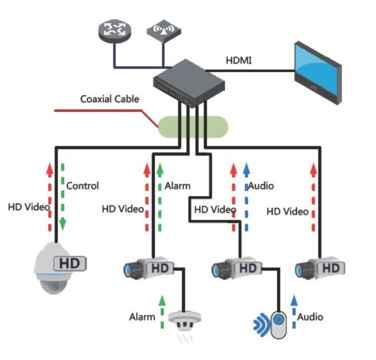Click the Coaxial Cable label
[110, 99]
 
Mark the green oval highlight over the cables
[193, 125]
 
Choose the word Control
[83, 186]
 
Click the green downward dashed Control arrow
[62, 196]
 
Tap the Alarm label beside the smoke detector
[142, 316]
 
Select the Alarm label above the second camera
[178, 186]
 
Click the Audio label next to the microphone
[310, 316]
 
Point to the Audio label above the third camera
[260, 186]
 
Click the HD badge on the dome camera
[69, 263]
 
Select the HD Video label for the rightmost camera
[288, 210]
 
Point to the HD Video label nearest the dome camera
[29, 207]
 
